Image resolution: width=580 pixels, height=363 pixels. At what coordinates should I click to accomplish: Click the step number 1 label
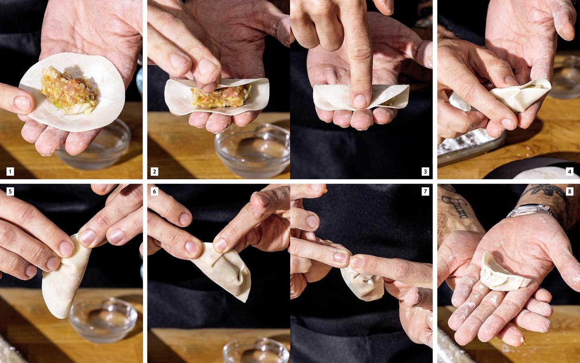[x=10, y=171]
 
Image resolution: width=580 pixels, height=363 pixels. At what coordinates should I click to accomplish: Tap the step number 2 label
[x=154, y=171]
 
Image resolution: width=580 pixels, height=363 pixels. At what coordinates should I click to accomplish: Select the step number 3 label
[x=425, y=171]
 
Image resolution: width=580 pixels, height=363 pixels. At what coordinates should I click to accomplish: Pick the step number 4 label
[x=569, y=171]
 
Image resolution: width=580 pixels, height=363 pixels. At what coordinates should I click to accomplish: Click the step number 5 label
[x=10, y=192]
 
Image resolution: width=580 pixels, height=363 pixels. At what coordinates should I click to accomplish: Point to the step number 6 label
[x=154, y=192]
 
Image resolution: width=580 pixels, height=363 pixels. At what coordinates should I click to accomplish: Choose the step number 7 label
[x=425, y=192]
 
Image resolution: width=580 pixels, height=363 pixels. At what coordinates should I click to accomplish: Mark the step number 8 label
[x=569, y=192]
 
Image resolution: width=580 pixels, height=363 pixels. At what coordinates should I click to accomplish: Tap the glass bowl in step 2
[x=252, y=150]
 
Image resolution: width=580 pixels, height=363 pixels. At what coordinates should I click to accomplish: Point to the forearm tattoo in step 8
[x=456, y=205]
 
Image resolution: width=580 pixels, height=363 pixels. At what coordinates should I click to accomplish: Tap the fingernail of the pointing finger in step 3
[x=360, y=101]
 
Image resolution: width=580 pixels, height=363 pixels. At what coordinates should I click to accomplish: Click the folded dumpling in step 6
[x=225, y=271]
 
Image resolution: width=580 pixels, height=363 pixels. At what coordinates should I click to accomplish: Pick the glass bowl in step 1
[x=94, y=147]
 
